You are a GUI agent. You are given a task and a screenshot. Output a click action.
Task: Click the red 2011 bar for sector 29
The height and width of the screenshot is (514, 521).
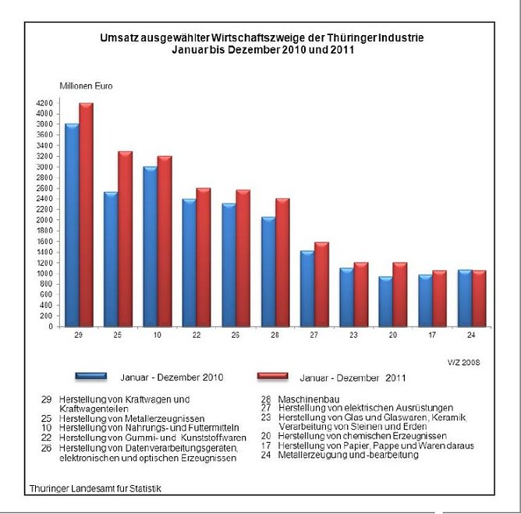[86, 214]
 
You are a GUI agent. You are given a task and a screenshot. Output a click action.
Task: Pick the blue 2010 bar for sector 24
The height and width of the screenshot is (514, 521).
[464, 299]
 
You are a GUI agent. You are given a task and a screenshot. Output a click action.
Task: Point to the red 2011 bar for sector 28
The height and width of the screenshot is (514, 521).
[282, 263]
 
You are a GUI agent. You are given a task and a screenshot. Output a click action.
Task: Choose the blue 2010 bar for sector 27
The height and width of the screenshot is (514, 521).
[307, 289]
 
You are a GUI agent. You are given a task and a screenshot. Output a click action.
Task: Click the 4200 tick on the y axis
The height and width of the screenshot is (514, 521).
[44, 103]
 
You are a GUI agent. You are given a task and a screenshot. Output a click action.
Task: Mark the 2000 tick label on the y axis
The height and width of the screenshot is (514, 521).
[44, 220]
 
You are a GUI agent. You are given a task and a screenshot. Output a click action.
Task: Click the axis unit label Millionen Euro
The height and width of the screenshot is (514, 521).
[86, 85]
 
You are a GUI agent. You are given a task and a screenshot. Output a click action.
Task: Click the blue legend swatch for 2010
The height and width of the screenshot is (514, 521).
[90, 376]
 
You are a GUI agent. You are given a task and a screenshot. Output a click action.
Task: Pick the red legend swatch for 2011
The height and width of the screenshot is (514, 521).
[272, 376]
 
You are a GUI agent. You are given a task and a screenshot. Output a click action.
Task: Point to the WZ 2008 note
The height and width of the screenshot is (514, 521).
[463, 363]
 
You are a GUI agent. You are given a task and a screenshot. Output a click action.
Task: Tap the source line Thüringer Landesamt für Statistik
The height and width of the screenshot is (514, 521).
[97, 488]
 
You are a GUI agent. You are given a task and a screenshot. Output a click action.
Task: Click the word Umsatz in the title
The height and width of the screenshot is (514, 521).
[117, 37]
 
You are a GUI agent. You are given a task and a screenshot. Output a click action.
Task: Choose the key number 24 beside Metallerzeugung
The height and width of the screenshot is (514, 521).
[266, 455]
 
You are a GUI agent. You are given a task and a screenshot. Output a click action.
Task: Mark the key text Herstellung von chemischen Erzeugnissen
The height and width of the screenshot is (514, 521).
[352, 436]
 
